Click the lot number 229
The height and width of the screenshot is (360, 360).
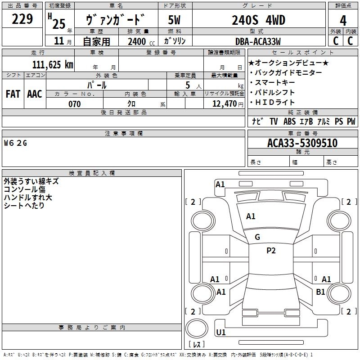point(22,19)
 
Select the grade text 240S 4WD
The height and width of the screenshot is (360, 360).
point(258,20)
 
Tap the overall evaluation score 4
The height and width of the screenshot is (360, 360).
point(343,21)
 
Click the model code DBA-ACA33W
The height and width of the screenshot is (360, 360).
point(258,41)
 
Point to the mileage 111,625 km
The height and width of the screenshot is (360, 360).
point(53,64)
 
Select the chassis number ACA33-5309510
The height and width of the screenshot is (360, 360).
point(302,143)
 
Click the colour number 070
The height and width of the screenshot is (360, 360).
point(75,104)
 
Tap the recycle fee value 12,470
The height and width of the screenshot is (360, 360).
point(225,104)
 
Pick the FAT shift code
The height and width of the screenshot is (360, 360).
point(13,94)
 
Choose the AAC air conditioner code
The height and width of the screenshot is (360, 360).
point(35,94)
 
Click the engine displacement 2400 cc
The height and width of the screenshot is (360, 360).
point(141,41)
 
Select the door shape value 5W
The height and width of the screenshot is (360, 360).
point(174,20)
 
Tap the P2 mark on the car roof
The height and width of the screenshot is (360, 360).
point(271,251)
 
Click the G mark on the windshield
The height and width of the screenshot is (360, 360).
point(257,237)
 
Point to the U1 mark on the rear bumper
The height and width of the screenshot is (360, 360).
point(221,332)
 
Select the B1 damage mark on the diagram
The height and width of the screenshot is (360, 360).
point(320,292)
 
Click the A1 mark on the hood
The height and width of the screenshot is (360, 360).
point(251,216)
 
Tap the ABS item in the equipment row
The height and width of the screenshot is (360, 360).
point(289,121)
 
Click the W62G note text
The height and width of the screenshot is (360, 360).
point(15,143)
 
